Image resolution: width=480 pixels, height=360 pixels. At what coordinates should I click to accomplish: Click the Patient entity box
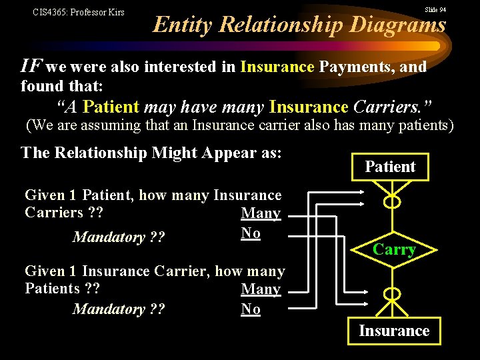(390, 167)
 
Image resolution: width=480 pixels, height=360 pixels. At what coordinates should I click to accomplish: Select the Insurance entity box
(394, 331)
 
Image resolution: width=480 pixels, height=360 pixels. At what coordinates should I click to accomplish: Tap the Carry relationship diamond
(394, 250)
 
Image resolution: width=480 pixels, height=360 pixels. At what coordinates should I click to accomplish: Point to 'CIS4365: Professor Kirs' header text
(78, 12)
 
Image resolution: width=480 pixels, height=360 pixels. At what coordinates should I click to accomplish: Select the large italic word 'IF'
(32, 65)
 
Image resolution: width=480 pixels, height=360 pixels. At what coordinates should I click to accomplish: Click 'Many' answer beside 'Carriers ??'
(261, 213)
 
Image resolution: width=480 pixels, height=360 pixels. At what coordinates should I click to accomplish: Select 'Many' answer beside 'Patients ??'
(261, 289)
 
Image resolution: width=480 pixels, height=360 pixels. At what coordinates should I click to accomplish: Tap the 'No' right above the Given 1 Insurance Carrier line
(251, 233)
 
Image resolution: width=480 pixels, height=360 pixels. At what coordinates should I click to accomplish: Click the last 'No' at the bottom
(251, 309)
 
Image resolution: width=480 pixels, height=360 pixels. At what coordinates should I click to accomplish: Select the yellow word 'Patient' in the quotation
(111, 107)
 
